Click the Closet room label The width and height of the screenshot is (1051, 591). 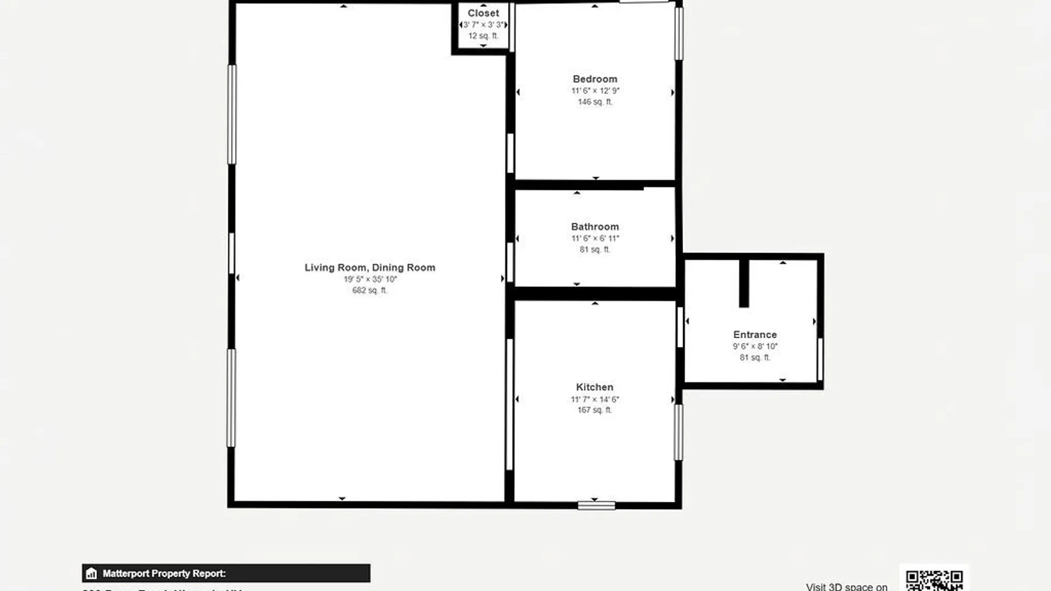pos(483,13)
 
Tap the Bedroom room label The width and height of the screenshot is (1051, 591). pos(595,79)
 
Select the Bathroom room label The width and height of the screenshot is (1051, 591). pos(595,227)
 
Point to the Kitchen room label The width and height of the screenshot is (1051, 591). pos(594,387)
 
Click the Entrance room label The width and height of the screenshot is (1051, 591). pos(755,334)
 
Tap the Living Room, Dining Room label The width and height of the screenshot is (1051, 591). pos(370,268)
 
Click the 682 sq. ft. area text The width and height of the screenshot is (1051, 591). pos(369,290)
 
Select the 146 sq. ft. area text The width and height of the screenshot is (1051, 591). pos(595,102)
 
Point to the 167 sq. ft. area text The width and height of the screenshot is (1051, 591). pos(594,410)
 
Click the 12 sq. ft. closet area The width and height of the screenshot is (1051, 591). pos(483,36)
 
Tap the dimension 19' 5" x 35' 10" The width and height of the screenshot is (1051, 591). pos(370,279)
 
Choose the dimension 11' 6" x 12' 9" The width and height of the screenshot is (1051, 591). pos(595,91)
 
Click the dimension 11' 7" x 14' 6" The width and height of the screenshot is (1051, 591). pos(594,399)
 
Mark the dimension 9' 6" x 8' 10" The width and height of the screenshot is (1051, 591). pos(755,346)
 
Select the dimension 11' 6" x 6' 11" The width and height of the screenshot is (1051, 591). pos(595,239)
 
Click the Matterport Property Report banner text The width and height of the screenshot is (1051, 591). pos(164,573)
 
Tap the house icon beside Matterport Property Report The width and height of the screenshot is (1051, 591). pos(91,573)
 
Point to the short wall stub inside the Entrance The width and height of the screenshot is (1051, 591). pos(744,283)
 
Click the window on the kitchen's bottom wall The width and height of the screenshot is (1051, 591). pos(596,506)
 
